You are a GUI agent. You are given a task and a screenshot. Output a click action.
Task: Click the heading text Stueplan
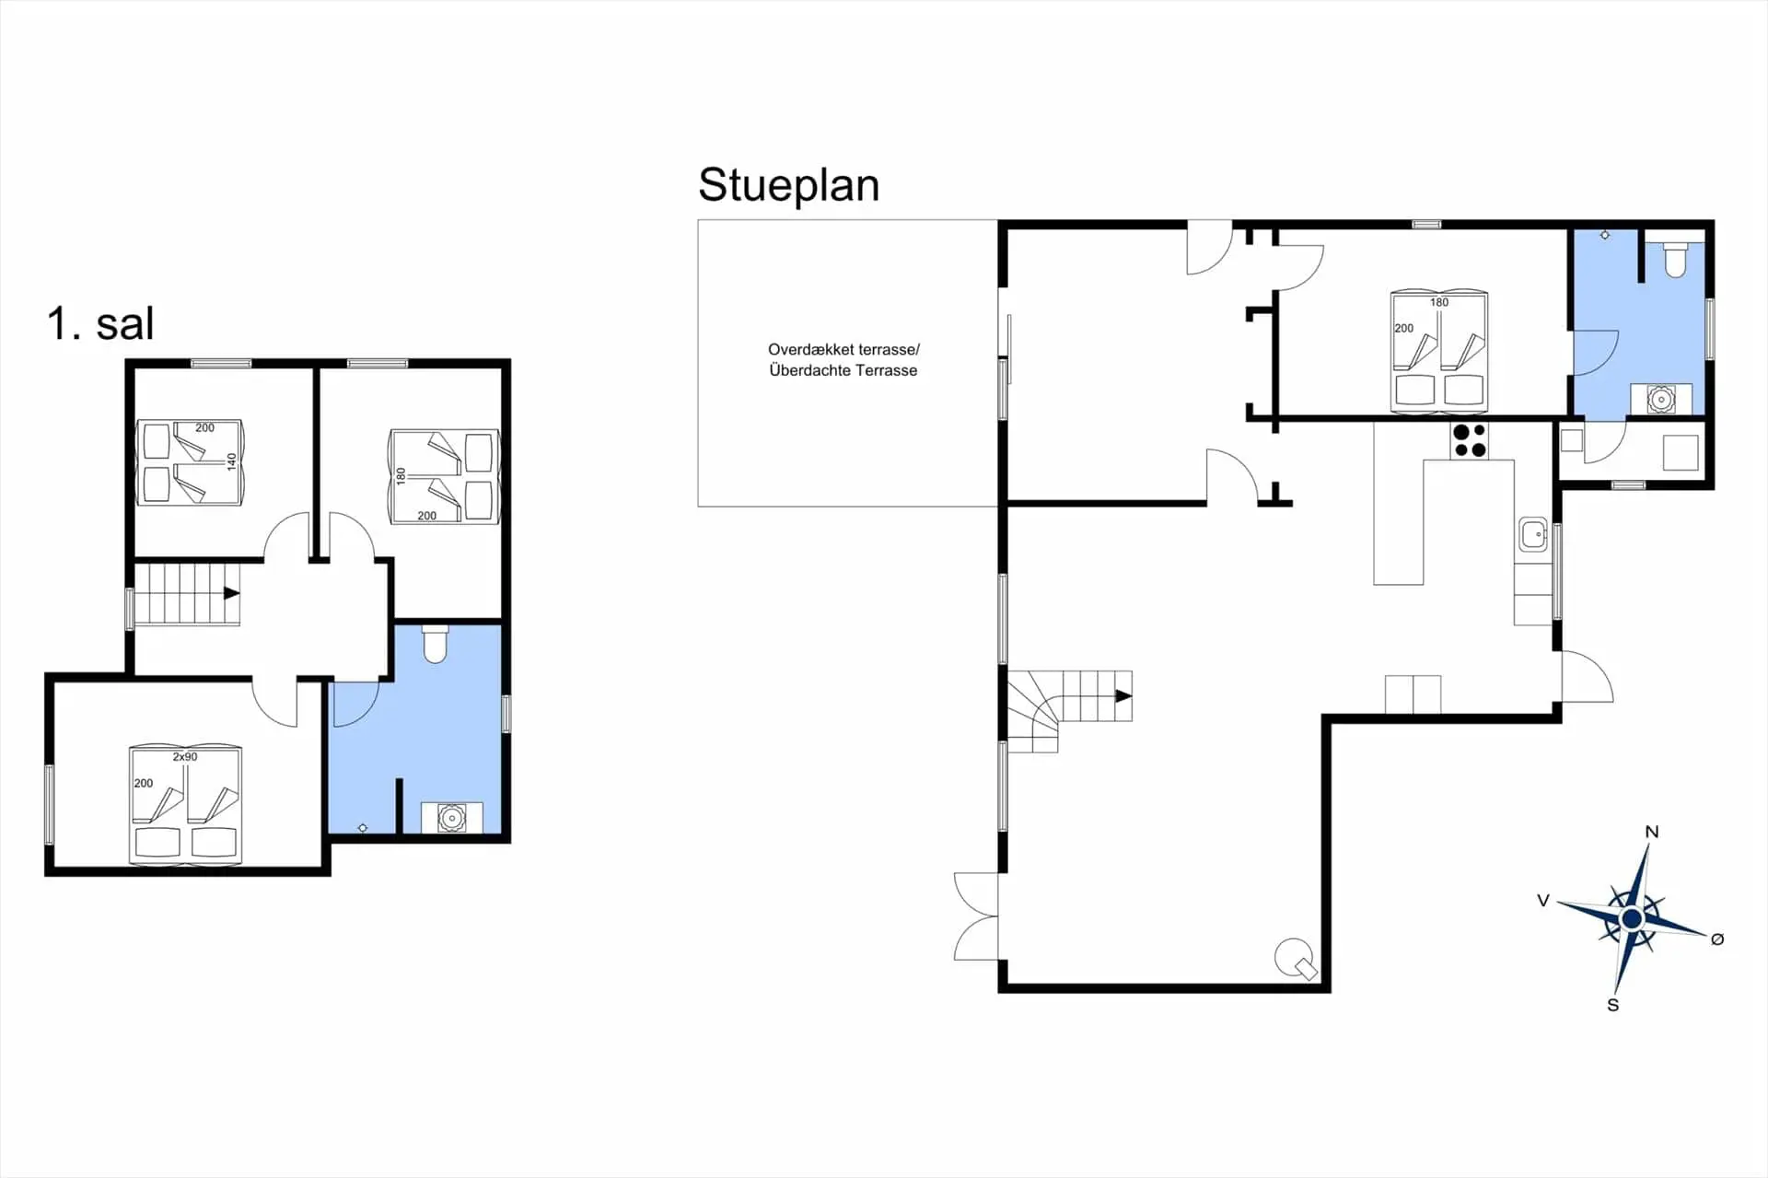[x=788, y=186]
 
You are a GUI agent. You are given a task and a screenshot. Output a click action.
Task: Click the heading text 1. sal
[x=100, y=323]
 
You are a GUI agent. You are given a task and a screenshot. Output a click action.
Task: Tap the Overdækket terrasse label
[x=843, y=350]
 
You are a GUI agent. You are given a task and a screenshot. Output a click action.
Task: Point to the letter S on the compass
[x=1613, y=1005]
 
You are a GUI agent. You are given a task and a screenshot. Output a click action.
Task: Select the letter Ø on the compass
[x=1717, y=939]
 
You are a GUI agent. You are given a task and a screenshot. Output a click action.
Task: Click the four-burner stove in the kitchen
[x=1470, y=440]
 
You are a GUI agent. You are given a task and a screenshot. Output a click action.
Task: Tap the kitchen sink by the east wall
[x=1533, y=533]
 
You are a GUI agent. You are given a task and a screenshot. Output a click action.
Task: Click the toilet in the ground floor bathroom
[x=1675, y=259]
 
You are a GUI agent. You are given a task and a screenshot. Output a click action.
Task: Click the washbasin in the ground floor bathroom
[x=1661, y=400]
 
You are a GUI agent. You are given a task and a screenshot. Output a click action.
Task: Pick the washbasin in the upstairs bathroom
[x=451, y=818]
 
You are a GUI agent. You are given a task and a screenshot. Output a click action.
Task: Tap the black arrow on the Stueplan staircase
[x=1123, y=696]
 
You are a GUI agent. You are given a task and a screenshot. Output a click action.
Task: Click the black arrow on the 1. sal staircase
[x=232, y=593]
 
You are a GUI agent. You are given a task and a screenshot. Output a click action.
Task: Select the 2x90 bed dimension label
[x=185, y=757]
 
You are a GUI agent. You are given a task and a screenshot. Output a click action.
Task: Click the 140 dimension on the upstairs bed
[x=232, y=461]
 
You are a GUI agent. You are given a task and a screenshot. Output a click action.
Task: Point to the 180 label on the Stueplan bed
[x=1439, y=302]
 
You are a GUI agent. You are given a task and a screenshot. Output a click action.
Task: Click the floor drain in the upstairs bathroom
[x=363, y=828]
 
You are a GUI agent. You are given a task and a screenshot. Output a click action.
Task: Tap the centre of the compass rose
[x=1633, y=919]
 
